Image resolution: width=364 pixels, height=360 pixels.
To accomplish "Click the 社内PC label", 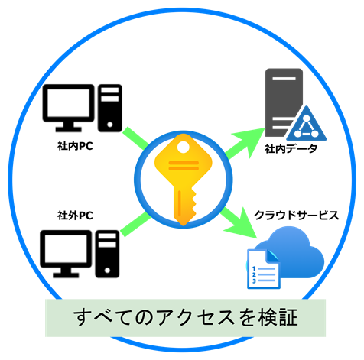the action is coord(75,146).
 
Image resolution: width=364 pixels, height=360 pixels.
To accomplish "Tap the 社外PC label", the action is coord(75,216).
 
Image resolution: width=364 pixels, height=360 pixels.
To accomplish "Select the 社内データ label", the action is coord(291,149).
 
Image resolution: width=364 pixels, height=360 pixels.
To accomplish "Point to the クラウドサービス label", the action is coord(297,216).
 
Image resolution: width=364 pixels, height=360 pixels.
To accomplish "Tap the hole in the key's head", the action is coord(183,148).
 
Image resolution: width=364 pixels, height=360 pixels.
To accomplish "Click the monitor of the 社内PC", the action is coord(68,108).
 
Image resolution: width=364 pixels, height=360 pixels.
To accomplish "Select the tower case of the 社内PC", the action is coord(110,108).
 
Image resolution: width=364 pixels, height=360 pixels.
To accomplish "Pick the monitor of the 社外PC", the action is coord(66,254).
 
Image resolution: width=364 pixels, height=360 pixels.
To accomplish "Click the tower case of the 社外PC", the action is coord(107,254).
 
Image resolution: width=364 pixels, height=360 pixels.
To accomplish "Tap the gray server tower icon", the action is coord(283,102).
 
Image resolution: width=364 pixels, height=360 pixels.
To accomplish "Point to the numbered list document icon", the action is coord(263,269).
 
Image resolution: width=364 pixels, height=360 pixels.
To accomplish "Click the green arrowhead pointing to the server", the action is coord(250,141).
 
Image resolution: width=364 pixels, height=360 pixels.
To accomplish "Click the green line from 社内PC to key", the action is coord(135,138).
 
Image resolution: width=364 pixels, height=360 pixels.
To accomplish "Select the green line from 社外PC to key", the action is coord(135,224).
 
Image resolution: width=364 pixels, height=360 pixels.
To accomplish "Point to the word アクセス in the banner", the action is coord(196,318).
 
